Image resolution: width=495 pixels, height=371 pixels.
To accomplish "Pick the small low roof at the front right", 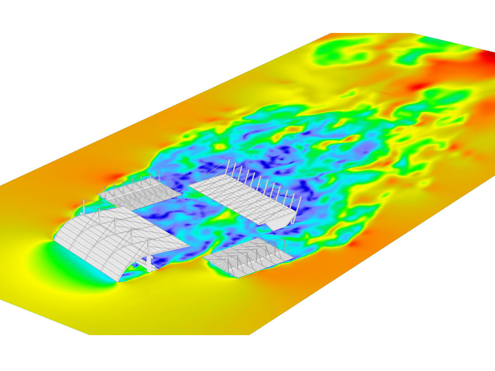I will (247, 258).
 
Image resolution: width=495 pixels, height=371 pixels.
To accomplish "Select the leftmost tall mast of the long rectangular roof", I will (226, 167).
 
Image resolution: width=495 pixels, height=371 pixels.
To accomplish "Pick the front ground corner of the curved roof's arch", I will (118, 282).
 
